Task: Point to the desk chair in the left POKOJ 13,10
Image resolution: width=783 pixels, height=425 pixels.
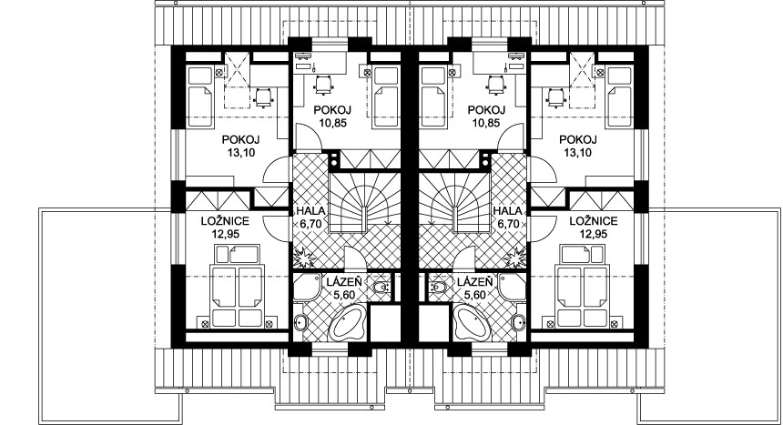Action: pyautogui.click(x=263, y=96)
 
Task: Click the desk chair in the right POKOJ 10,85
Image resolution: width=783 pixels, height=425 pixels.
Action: pyautogui.click(x=495, y=84)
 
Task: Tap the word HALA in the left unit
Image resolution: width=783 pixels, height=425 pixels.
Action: pyautogui.click(x=310, y=211)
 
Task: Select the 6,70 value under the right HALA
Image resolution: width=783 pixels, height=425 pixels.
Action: pyautogui.click(x=508, y=224)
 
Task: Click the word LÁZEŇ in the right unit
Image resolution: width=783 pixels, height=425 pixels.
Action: pyautogui.click(x=475, y=283)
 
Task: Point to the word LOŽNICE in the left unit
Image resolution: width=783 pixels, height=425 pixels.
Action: pyautogui.click(x=225, y=221)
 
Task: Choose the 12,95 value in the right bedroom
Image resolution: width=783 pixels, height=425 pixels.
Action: pyautogui.click(x=593, y=234)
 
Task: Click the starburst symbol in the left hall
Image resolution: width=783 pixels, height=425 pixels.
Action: pyautogui.click(x=303, y=259)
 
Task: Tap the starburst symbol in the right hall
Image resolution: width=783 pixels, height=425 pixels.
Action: pyautogui.click(x=516, y=259)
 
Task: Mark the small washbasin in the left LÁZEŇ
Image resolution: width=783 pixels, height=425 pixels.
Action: pyautogui.click(x=381, y=287)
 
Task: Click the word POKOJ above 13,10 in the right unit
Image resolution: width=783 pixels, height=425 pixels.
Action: pyautogui.click(x=578, y=140)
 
